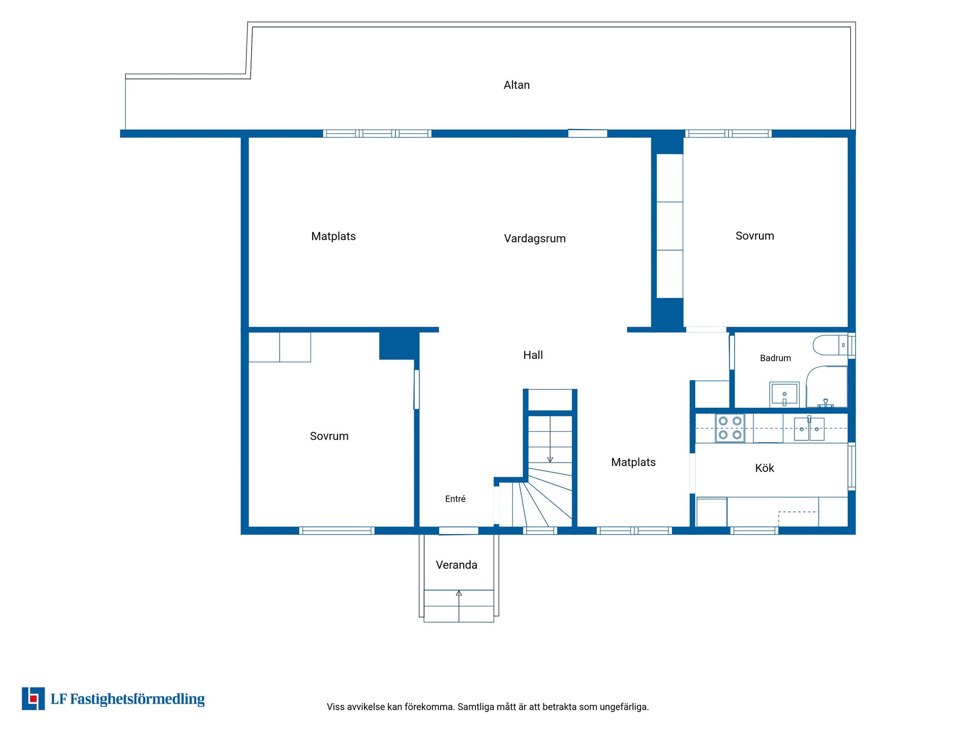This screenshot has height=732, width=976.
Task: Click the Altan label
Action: [x=516, y=85]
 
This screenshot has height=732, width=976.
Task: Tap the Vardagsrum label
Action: [x=535, y=238]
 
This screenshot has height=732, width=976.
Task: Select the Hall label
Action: [x=533, y=355]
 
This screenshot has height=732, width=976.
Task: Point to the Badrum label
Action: [x=775, y=358]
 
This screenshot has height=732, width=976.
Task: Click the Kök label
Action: [x=765, y=468]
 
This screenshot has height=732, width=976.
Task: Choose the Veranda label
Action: [x=456, y=565]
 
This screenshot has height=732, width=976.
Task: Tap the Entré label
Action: [x=455, y=499]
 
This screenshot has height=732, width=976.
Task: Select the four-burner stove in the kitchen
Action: [x=730, y=428]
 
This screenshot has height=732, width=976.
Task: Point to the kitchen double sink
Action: [x=809, y=429]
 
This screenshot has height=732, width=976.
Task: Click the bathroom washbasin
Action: [x=784, y=394]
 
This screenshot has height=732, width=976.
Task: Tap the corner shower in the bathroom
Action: [x=827, y=386]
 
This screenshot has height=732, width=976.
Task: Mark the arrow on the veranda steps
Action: [x=459, y=606]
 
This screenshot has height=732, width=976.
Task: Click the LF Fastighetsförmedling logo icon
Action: [x=33, y=698]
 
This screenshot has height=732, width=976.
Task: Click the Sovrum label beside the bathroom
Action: [x=755, y=235]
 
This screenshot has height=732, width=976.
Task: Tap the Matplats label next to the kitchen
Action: [x=633, y=462]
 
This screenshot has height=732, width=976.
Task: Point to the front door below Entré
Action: [x=459, y=531]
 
